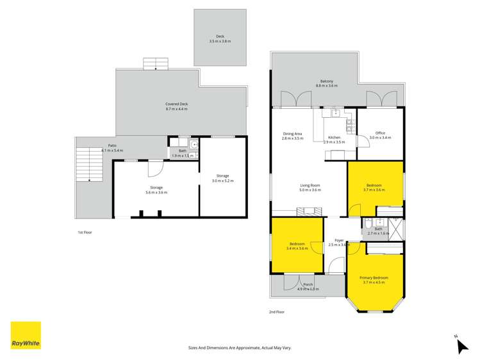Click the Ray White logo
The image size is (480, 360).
click(26, 335)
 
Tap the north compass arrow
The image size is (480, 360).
click(461, 345)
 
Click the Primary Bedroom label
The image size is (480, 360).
click(375, 280)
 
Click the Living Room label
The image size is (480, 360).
click(310, 188)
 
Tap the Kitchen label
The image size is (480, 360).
click(334, 140)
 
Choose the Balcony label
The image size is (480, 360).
click(327, 83)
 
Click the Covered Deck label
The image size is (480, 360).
click(176, 106)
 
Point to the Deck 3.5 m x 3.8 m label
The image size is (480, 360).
click(220, 38)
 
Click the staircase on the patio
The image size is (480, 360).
click(88, 163)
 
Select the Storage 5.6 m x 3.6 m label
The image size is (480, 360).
click(156, 190)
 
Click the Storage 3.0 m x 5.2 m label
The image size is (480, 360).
click(222, 178)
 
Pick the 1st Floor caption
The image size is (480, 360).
click(85, 232)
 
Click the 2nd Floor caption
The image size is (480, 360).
click(276, 312)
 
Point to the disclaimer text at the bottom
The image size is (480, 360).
click(240, 347)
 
